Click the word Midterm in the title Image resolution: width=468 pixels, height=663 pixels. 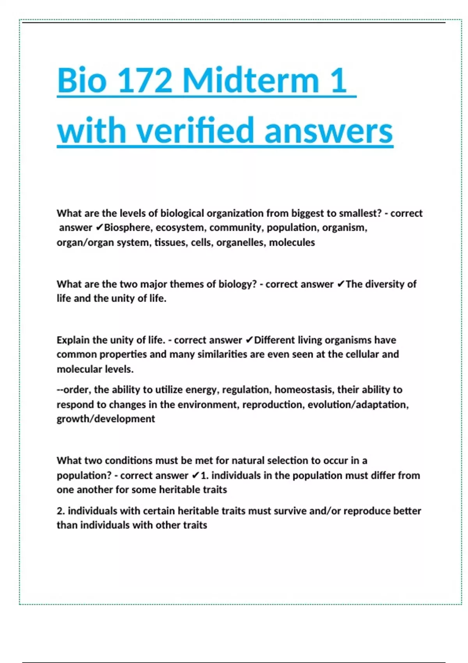point(250,80)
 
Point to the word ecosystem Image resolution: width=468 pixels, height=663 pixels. point(181,227)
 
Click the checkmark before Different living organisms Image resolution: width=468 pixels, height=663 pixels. point(249,340)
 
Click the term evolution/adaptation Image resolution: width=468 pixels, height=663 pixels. point(358,404)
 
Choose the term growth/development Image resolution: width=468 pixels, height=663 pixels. point(106,419)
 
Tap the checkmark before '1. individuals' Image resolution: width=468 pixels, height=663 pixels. point(195,475)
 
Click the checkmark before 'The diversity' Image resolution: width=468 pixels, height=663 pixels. point(340,284)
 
